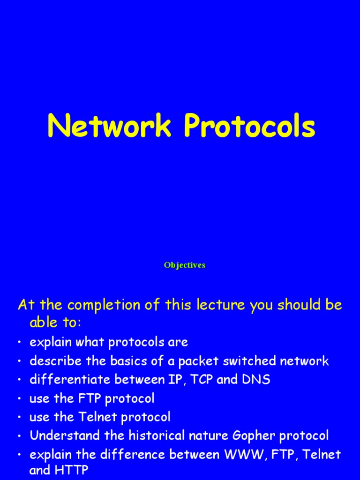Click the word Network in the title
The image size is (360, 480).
[x=109, y=127]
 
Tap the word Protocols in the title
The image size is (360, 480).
[x=249, y=127]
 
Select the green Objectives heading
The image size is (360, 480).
[x=185, y=265]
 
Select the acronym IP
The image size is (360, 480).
[x=173, y=380]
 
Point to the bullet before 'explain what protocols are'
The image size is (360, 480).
[x=20, y=343]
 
